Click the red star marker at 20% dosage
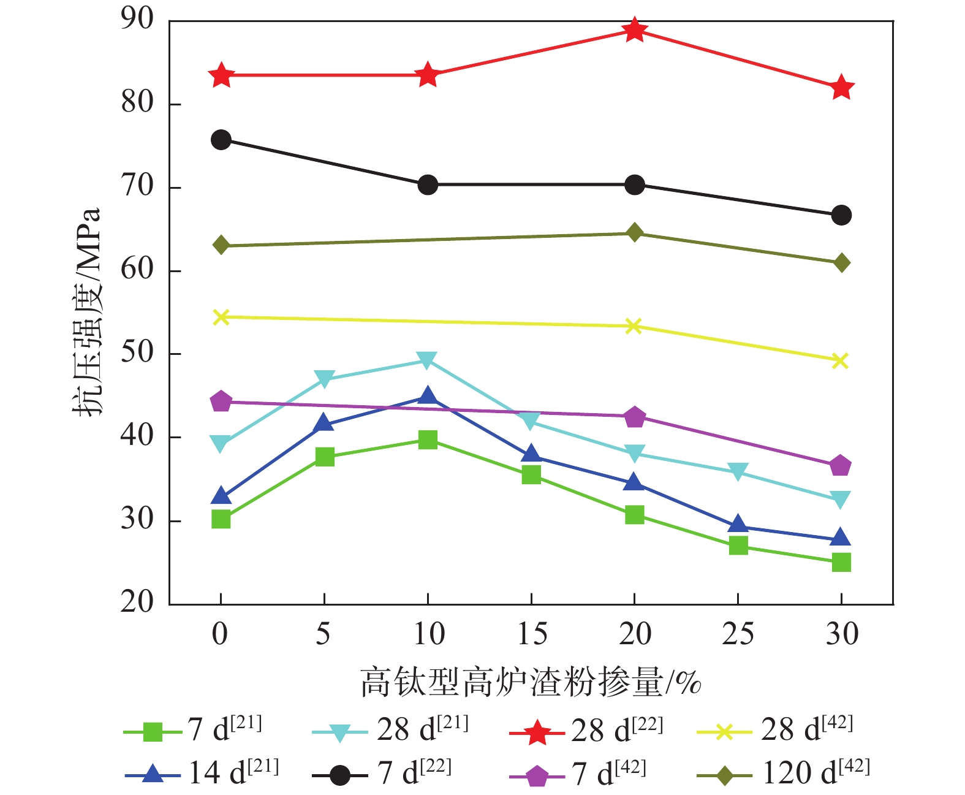(x=635, y=29)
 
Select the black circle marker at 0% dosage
(x=221, y=140)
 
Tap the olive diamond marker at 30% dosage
(x=841, y=263)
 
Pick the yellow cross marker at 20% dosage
(x=635, y=326)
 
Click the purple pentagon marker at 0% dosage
(x=221, y=401)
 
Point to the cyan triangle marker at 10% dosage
(x=427, y=360)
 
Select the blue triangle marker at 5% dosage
(x=324, y=424)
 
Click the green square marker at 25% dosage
(x=738, y=545)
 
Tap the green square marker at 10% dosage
(x=427, y=439)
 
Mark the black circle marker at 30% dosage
(x=841, y=215)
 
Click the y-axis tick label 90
(x=137, y=20)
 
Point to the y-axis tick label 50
(x=137, y=353)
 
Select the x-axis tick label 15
(x=531, y=634)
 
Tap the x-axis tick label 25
(x=738, y=634)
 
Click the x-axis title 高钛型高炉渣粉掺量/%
(x=531, y=682)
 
